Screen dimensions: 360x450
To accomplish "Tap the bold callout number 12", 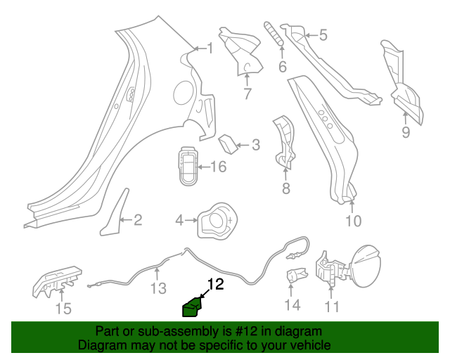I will pyautogui.click(x=214, y=285).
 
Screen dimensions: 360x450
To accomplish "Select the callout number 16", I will pyautogui.click(x=219, y=167).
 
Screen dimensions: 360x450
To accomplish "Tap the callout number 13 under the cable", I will pyautogui.click(x=159, y=288).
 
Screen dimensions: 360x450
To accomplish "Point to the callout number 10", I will pyautogui.click(x=353, y=221).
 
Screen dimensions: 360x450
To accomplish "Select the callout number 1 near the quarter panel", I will pyautogui.click(x=209, y=48).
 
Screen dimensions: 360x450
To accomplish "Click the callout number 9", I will pyautogui.click(x=405, y=131).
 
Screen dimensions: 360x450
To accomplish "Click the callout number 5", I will pyautogui.click(x=323, y=34).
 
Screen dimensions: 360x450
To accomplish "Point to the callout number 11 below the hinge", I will pyautogui.click(x=331, y=306).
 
